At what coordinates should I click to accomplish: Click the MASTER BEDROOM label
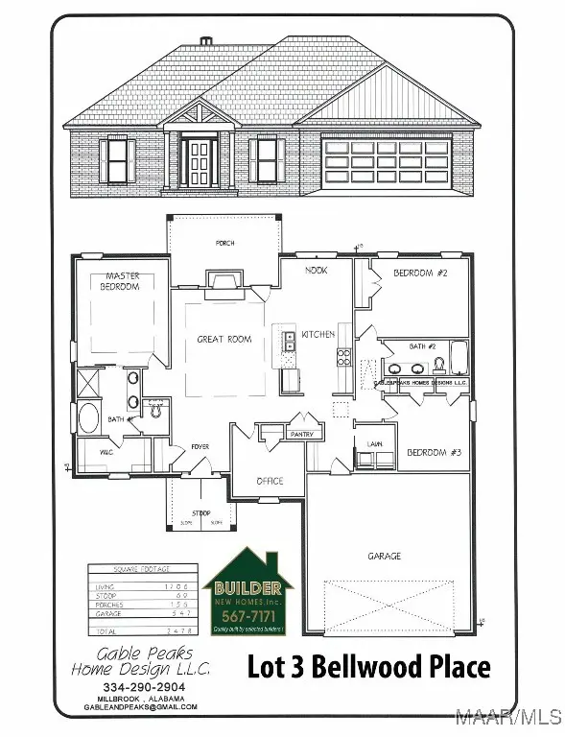123,281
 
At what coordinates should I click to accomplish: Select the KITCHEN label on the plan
318,335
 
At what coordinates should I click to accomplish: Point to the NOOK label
316,271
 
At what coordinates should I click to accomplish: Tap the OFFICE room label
270,481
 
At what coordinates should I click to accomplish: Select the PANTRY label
302,434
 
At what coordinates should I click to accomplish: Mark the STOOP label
201,513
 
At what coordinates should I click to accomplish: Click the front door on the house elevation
201,161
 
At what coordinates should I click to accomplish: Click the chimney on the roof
205,42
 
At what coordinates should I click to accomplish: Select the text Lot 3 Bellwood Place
369,666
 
